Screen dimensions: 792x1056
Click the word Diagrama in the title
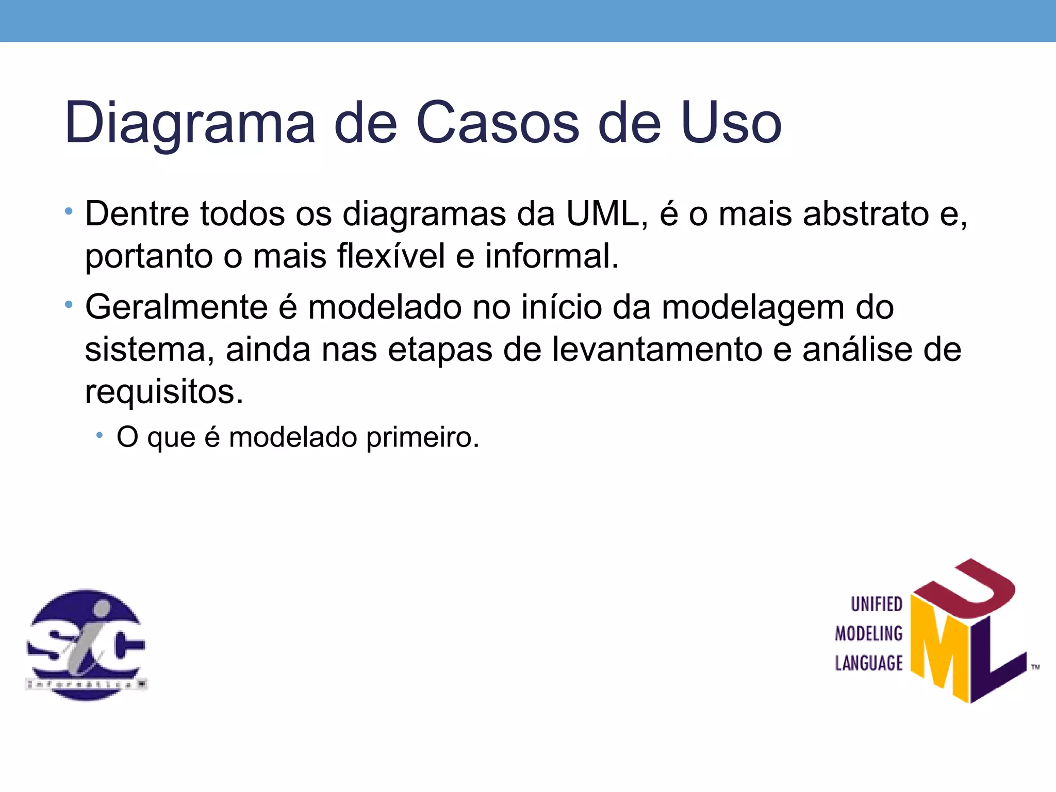pyautogui.click(x=190, y=124)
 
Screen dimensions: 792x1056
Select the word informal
pyautogui.click(x=552, y=256)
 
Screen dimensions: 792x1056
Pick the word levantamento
pyautogui.click(x=657, y=350)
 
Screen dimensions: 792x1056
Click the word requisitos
pyautogui.click(x=163, y=392)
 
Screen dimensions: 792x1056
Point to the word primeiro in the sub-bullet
pyautogui.click(x=422, y=437)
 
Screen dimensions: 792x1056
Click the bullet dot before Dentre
pyautogui.click(x=69, y=211)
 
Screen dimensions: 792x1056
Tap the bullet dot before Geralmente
pyautogui.click(x=69, y=305)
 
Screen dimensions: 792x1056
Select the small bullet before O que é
pyautogui.click(x=100, y=436)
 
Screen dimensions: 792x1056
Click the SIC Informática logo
pyautogui.click(x=86, y=645)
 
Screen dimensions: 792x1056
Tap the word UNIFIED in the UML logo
pyautogui.click(x=876, y=604)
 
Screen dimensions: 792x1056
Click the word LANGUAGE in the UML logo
pyautogui.click(x=869, y=663)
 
